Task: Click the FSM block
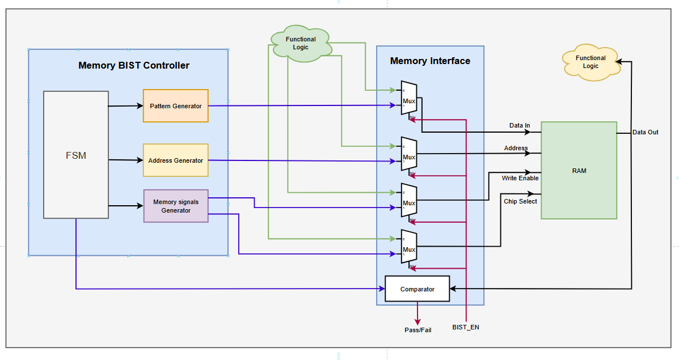(x=76, y=155)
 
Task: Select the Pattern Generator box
(x=176, y=105)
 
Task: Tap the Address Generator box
(x=176, y=160)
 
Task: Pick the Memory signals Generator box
(x=176, y=206)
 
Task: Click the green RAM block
(x=579, y=170)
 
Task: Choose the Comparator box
(x=417, y=289)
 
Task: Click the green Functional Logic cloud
(x=301, y=43)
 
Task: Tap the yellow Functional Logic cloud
(x=591, y=62)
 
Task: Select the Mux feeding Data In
(x=409, y=101)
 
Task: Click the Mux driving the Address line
(x=409, y=156)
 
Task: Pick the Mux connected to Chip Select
(x=409, y=249)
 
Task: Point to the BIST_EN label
(x=466, y=327)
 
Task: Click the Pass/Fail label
(x=417, y=329)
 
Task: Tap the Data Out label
(x=646, y=132)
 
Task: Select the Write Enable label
(x=520, y=178)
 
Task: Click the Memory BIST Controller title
(x=134, y=65)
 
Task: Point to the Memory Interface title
(x=430, y=61)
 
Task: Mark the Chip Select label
(x=520, y=201)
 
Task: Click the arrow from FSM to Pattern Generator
(x=125, y=105)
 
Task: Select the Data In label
(x=520, y=125)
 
